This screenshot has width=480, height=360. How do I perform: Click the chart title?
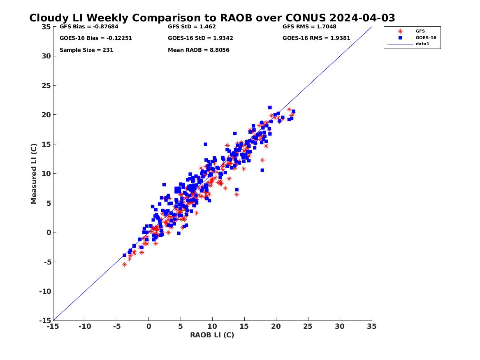pyautogui.click(x=212, y=18)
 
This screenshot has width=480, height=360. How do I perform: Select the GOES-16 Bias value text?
pyautogui.click(x=95, y=38)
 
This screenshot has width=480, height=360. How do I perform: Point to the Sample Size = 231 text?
pyautogui.click(x=86, y=50)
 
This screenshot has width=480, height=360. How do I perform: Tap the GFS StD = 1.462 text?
pyautogui.click(x=192, y=27)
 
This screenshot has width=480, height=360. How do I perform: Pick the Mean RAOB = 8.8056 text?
pyautogui.click(x=199, y=50)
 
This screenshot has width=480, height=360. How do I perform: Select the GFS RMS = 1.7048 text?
pyautogui.click(x=309, y=27)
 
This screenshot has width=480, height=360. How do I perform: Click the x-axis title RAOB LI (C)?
pyautogui.click(x=212, y=335)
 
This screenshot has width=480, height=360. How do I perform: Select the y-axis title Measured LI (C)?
pyautogui.click(x=35, y=174)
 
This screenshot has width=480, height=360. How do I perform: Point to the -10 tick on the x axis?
pyautogui.click(x=85, y=326)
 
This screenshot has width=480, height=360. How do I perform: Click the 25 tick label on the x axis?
pyautogui.click(x=308, y=326)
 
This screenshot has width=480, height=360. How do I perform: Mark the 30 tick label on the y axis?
pyautogui.click(x=46, y=56)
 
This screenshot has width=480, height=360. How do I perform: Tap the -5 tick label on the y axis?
pyautogui.click(x=46, y=262)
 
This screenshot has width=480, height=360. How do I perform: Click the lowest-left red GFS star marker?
pyautogui.click(x=125, y=265)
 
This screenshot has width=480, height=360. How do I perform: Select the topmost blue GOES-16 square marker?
pyautogui.click(x=270, y=107)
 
